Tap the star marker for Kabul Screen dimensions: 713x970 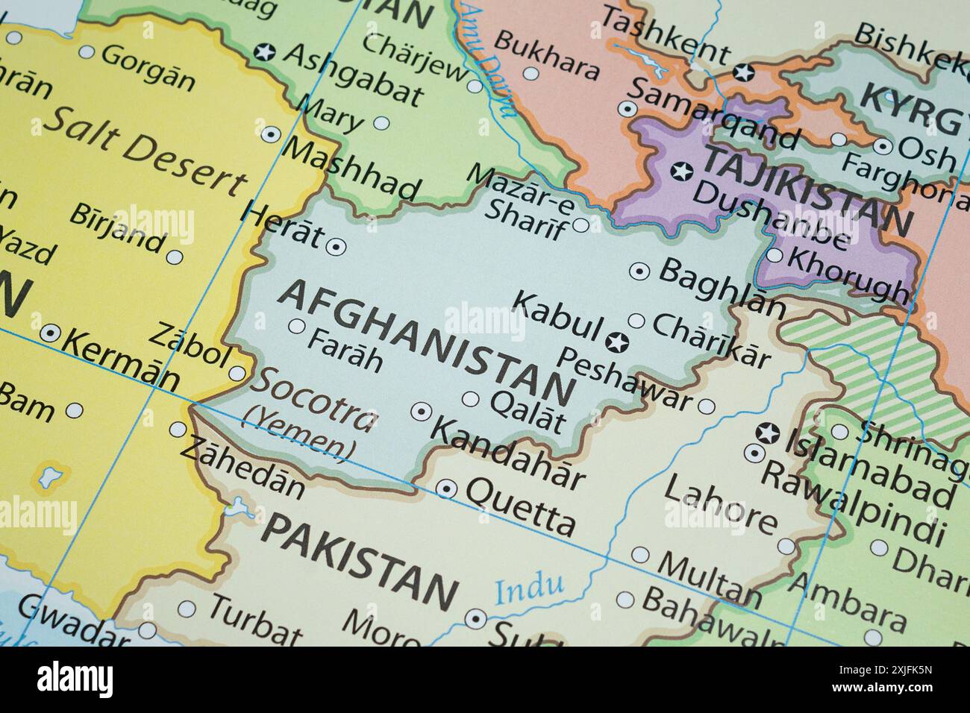point(617,343)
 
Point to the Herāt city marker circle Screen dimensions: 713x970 point(337,245)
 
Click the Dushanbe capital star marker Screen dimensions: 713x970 point(680,171)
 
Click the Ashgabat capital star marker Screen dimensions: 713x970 point(264,52)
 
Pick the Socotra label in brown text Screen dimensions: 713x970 point(313,399)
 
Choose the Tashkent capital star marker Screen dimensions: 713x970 point(742,72)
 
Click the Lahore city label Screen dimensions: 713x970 point(719,505)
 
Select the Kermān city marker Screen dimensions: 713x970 point(49,333)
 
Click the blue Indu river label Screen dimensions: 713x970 point(529,588)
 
